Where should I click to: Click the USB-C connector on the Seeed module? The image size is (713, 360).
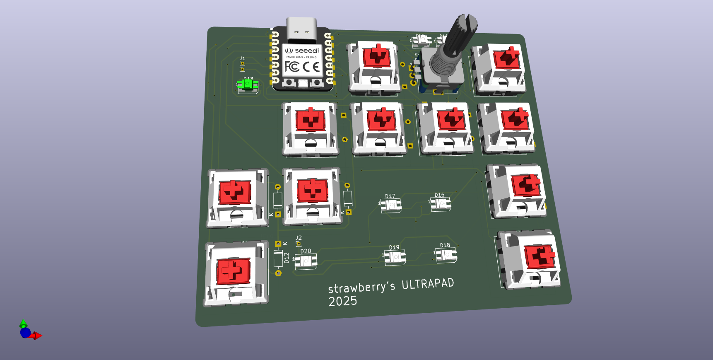coord(301,29)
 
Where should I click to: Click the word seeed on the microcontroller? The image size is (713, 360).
coord(306,51)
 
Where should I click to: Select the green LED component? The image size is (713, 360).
coord(248,85)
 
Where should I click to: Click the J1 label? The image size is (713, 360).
coord(243,58)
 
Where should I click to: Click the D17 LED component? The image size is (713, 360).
coord(391,205)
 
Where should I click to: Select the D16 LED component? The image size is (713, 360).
coord(441,203)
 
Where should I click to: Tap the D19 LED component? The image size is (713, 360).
coord(395,257)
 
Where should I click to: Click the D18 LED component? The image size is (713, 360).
coord(446,254)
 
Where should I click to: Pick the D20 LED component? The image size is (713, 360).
coord(306,261)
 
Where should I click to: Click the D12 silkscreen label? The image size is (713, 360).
coord(287,258)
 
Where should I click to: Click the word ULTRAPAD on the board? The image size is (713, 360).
coord(428,284)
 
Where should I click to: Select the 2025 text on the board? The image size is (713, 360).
coord(342,301)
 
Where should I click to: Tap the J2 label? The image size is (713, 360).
coord(299,238)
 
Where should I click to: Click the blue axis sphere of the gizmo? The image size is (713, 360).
coord(25,332)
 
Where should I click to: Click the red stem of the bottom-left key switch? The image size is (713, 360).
coord(233,271)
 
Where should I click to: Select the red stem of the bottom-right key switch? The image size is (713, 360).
coord(539,256)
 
